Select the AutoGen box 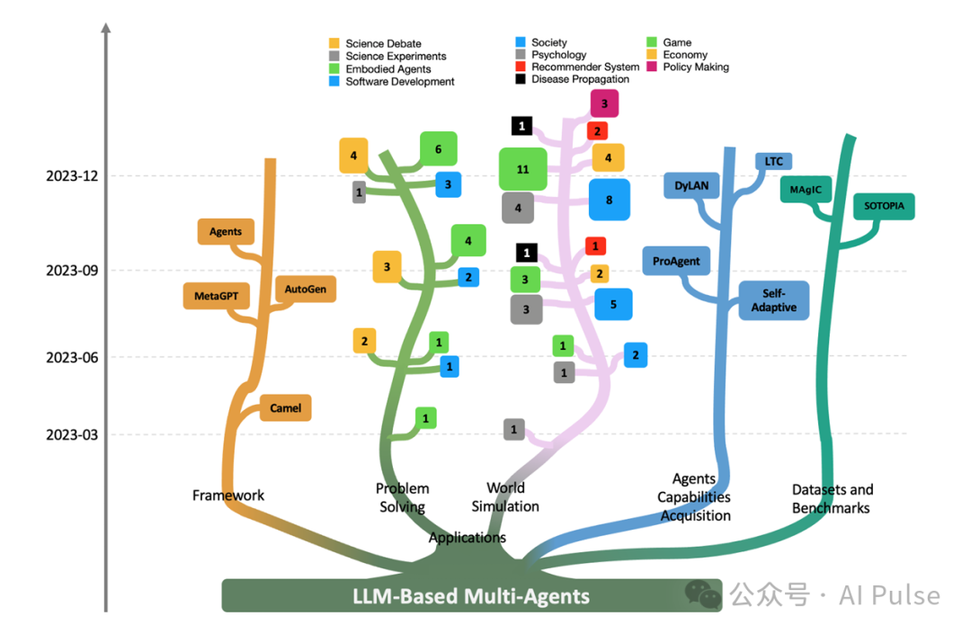coord(306,290)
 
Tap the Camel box coord(285,407)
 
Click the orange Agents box coord(226,232)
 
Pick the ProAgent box coord(677,262)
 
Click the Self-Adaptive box coord(773,300)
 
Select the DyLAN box coord(691,186)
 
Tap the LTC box coord(773,162)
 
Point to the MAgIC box coord(806,190)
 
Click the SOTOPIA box coord(884,206)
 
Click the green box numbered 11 coord(523,169)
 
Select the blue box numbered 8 coord(609,200)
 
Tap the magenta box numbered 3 coord(604,104)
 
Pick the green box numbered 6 coord(438,149)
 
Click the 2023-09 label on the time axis coord(71,270)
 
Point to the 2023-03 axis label coord(71,435)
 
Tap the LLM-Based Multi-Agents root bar coord(471,595)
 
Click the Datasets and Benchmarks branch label coord(832,499)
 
